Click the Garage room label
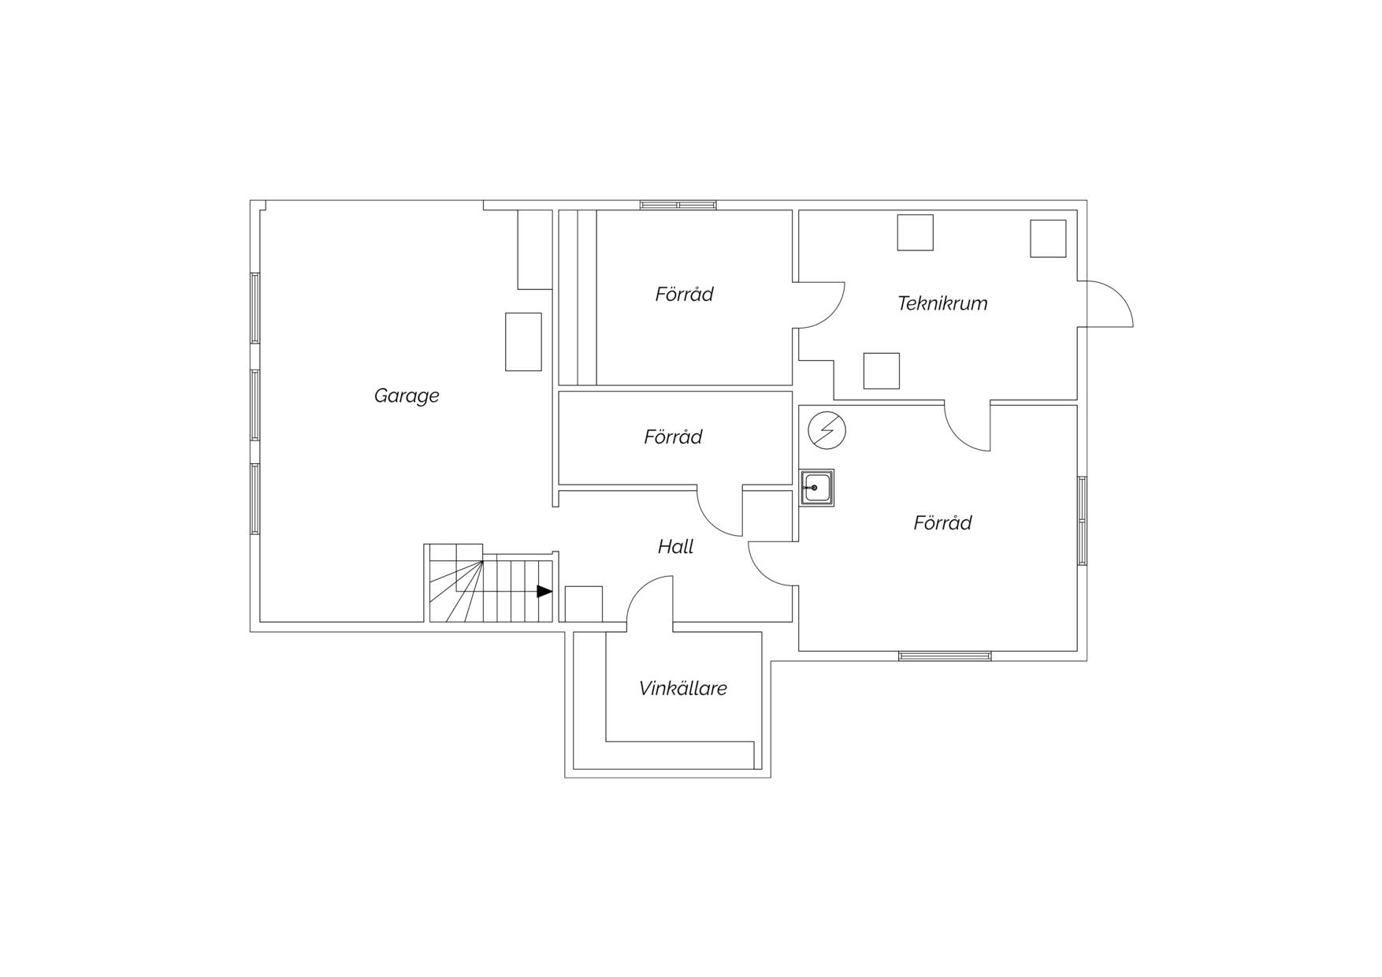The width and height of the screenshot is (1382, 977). pyautogui.click(x=407, y=396)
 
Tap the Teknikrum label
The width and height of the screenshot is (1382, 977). pyautogui.click(x=942, y=303)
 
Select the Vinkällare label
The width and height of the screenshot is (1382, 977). pyautogui.click(x=683, y=689)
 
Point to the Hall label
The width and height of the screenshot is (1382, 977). pyautogui.click(x=676, y=547)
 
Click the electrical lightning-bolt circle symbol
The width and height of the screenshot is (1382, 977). pyautogui.click(x=827, y=431)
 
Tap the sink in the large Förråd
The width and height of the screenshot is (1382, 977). pyautogui.click(x=817, y=488)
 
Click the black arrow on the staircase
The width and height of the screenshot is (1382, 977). pyautogui.click(x=544, y=591)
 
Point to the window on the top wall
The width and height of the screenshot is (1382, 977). pyautogui.click(x=678, y=205)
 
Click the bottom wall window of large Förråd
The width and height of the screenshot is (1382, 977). pyautogui.click(x=945, y=656)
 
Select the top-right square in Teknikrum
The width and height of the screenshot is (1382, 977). pyautogui.click(x=1048, y=239)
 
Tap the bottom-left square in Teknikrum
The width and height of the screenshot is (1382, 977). pyautogui.click(x=882, y=371)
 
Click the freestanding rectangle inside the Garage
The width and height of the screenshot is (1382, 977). pyautogui.click(x=523, y=342)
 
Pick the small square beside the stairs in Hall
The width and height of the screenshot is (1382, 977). pyautogui.click(x=584, y=604)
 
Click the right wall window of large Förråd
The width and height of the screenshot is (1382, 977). pyautogui.click(x=1082, y=521)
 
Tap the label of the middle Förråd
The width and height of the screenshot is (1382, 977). pyautogui.click(x=673, y=437)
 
